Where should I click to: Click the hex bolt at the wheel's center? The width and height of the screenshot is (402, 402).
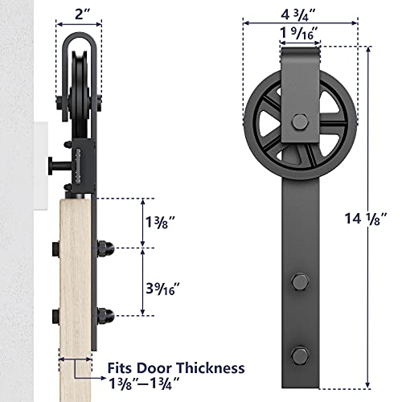pyautogui.click(x=299, y=122)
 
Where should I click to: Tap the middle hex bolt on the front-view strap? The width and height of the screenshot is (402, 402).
pyautogui.click(x=299, y=282)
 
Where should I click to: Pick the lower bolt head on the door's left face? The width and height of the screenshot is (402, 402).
pyautogui.click(x=54, y=314)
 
